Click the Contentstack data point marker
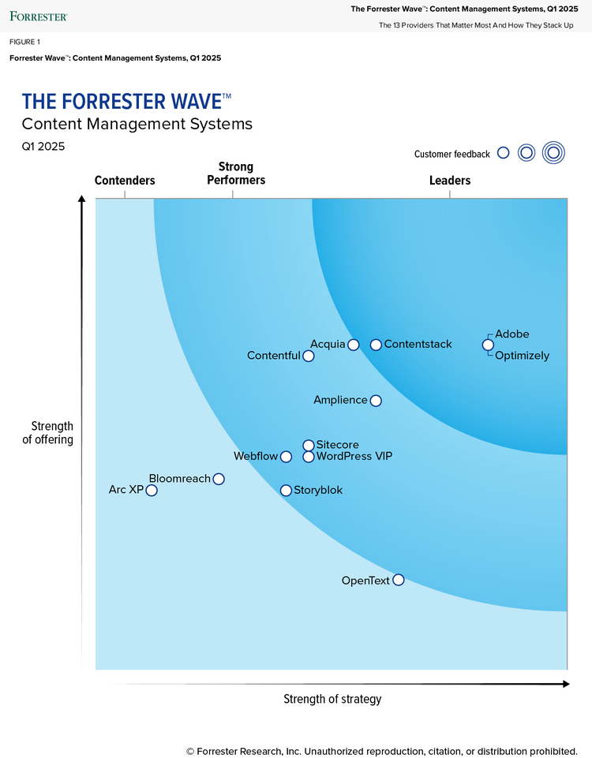coord(376,345)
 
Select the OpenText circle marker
coord(398,581)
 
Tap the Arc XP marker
coord(152,491)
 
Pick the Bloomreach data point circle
coord(219,479)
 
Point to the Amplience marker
coord(376,401)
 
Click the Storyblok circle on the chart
coord(286,491)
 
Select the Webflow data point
coord(286,457)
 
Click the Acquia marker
coord(354,345)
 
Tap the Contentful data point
coord(309,356)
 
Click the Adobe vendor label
coord(512,334)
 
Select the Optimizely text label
coord(522,356)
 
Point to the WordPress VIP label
coord(354,457)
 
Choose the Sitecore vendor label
coord(337,445)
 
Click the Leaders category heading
coord(450,181)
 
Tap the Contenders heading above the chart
coord(125,181)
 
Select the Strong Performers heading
coord(236,174)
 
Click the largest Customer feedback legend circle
coord(554,153)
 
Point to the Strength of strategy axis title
coord(332,699)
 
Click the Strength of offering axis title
coord(47,434)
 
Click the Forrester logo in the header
coord(39,15)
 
